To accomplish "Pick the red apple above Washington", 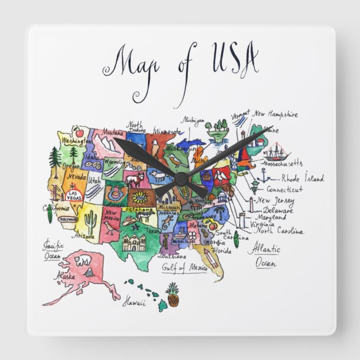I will tap(78, 133).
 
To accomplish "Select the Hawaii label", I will tap(134, 302).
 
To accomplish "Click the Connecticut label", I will tap(285, 190).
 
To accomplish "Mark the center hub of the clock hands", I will tap(180, 177).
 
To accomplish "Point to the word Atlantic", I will tap(264, 249).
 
